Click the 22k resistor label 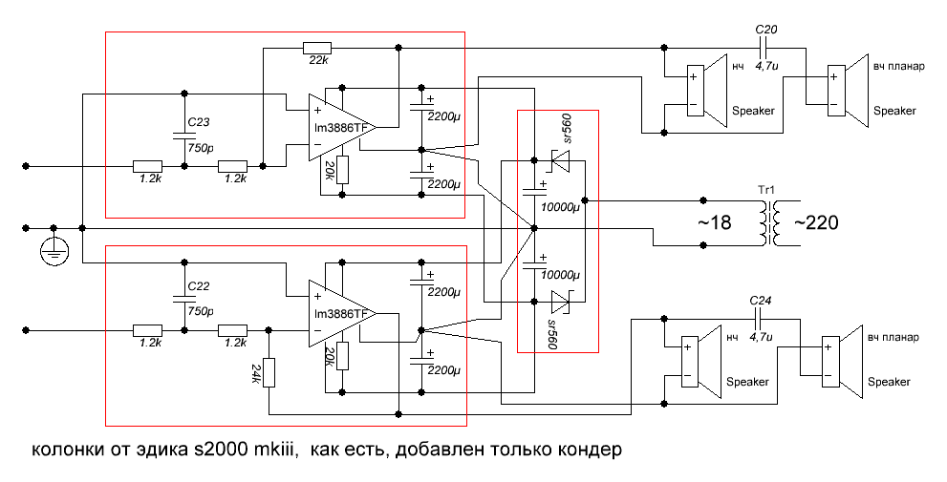point(316,61)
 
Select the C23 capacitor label point(198,122)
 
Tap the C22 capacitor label point(198,285)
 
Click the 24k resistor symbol point(269,372)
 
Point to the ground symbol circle point(54,251)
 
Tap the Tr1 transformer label point(766,191)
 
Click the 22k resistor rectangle point(316,47)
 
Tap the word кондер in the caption point(589,449)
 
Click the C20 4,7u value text point(766,67)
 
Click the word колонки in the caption point(68,449)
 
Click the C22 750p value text point(200,310)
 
